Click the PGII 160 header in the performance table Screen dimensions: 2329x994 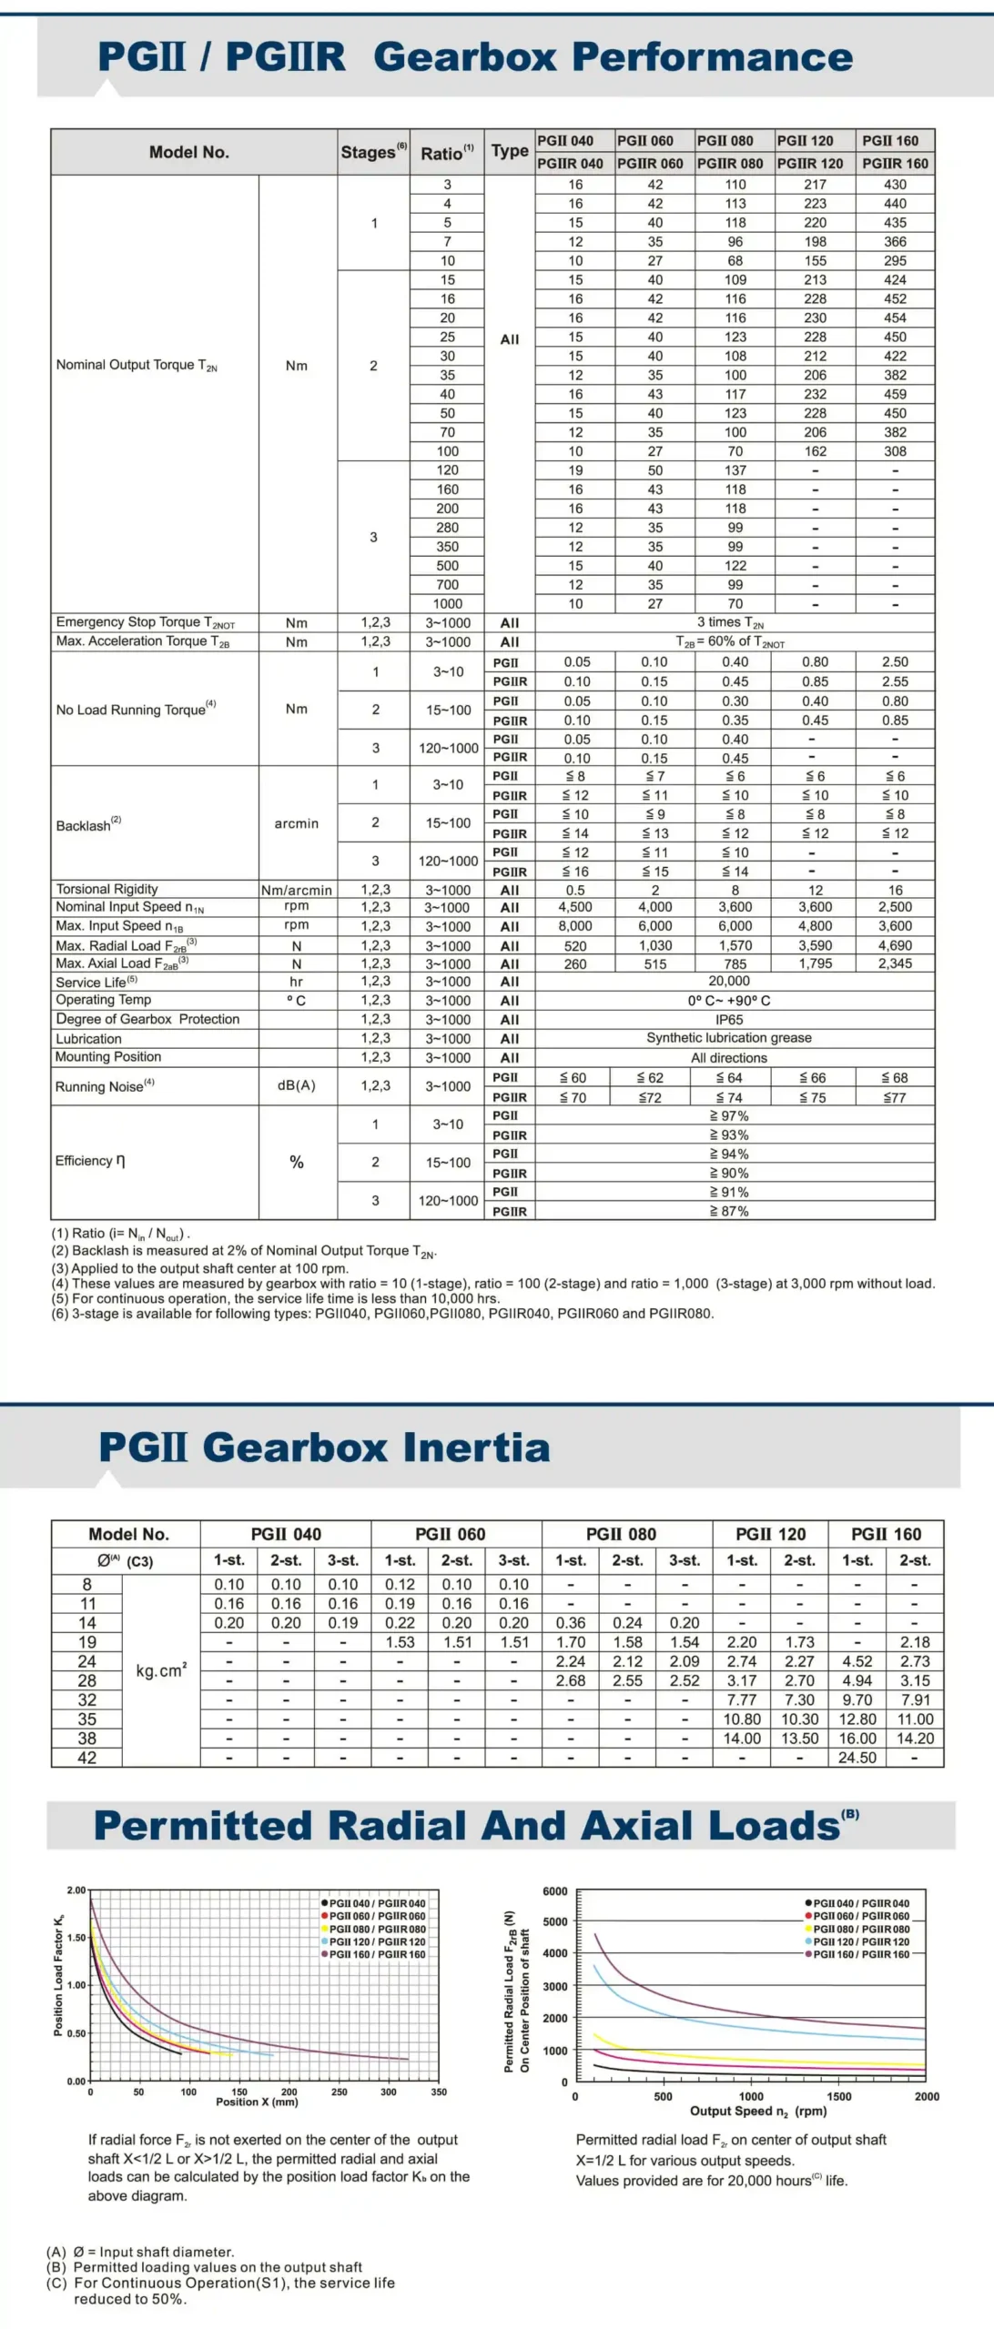coord(890,140)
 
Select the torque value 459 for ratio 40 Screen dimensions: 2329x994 coord(895,394)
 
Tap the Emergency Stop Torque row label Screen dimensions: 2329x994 coord(146,622)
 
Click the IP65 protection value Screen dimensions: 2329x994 coord(729,1020)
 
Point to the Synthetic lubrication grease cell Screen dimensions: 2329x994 coord(729,1038)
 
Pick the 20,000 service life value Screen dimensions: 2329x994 coord(729,981)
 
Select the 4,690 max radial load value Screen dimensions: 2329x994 coord(895,945)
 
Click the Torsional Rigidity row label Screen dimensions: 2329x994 coord(107,889)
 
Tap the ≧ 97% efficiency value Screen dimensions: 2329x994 coord(729,1115)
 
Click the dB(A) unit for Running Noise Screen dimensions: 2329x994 coord(297,1085)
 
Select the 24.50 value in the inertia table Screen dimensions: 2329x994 coord(857,1757)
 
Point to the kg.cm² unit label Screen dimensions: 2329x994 coord(161,1670)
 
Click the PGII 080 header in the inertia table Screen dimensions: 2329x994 coord(621,1534)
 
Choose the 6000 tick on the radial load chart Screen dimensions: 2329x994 coord(554,1890)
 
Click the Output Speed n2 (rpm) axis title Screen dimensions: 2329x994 coord(757,2111)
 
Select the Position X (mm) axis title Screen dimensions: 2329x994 coord(257,2102)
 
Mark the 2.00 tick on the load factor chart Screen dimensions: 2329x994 coord(76,1890)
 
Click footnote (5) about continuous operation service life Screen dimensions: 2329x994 coord(275,1298)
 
